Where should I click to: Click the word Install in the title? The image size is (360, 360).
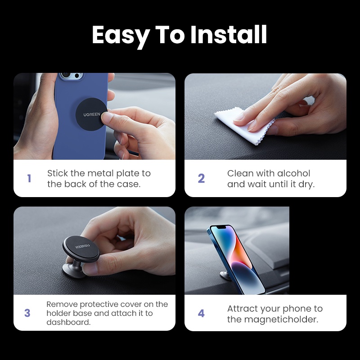(x=229, y=35)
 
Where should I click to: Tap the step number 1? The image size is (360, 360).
(x=29, y=179)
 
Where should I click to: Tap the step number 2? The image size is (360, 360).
(x=201, y=179)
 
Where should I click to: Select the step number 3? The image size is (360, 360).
(x=27, y=313)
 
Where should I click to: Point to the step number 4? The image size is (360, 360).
(x=201, y=313)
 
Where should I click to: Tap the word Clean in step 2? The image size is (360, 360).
(x=240, y=173)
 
